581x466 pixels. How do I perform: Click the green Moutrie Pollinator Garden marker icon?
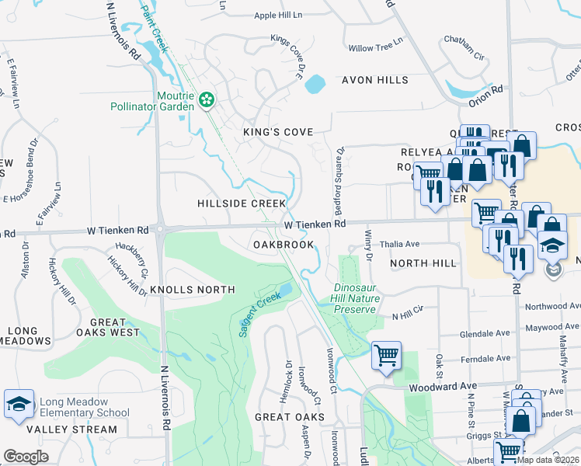(207, 99)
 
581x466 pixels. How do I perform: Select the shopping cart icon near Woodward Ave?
(386, 355)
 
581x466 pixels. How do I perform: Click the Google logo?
(26, 457)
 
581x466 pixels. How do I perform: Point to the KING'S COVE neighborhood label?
(277, 132)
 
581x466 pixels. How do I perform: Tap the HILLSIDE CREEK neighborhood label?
(242, 203)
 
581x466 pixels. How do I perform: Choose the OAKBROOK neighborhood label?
(284, 244)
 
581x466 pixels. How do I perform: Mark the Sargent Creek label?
(259, 311)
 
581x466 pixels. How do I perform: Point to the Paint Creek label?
(154, 28)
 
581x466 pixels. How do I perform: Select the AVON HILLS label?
(375, 80)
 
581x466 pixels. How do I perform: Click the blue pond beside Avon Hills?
(315, 83)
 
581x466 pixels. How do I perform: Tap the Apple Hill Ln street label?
(278, 15)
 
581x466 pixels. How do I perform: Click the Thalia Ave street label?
(400, 244)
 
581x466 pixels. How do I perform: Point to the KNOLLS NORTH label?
(192, 290)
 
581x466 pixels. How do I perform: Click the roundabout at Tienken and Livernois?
(161, 229)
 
